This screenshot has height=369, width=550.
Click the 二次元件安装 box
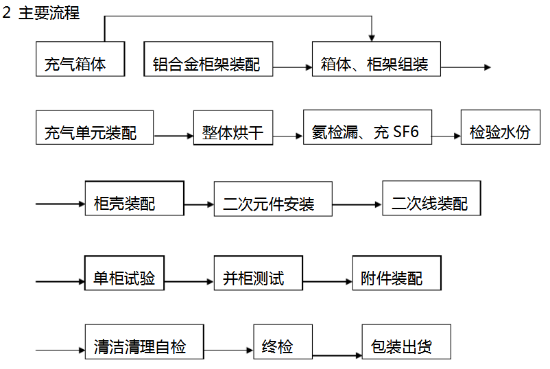tap(273, 199)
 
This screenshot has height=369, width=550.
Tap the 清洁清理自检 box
tap(144, 342)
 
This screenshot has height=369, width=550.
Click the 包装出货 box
tap(406, 342)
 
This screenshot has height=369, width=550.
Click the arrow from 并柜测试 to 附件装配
tap(327, 281)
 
